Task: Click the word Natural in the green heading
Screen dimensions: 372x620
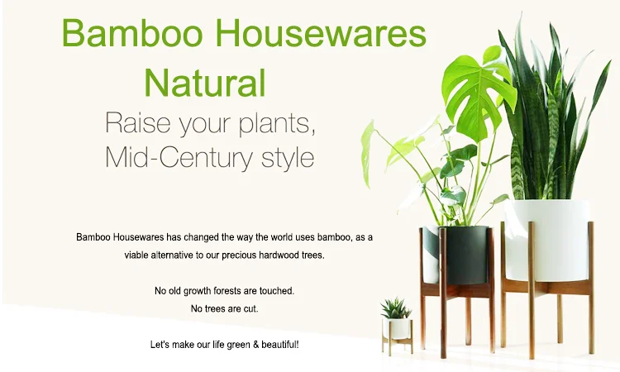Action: point(205,83)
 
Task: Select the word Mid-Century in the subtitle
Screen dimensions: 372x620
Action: point(186,156)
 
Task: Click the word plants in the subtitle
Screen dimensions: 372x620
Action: point(272,123)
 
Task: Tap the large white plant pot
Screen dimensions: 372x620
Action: point(546,240)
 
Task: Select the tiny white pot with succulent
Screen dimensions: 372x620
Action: point(398,328)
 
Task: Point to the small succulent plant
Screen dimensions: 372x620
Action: point(396,309)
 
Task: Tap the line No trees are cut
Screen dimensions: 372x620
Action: point(225,308)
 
